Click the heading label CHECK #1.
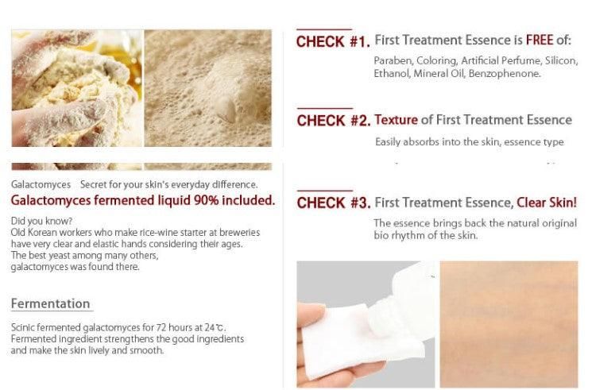[333, 41]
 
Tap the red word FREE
[540, 40]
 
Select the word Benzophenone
[505, 73]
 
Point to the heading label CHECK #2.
[334, 121]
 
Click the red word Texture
[396, 120]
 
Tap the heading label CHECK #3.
[334, 203]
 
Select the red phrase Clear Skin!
[547, 203]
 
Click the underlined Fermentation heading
[51, 303]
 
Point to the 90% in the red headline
[206, 200]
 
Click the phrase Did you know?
[41, 221]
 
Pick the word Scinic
[23, 327]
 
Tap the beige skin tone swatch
[509, 324]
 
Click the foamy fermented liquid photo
[208, 88]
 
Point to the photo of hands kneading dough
[77, 88]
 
